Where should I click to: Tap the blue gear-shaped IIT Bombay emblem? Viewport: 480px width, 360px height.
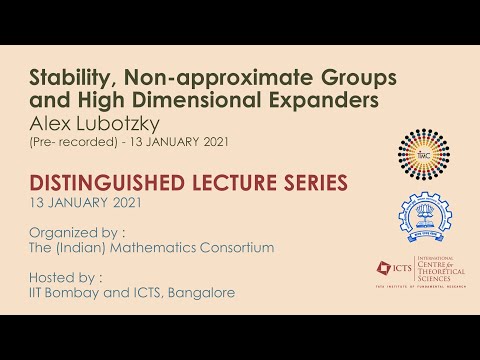426,215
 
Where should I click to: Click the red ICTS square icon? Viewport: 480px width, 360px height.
383,268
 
